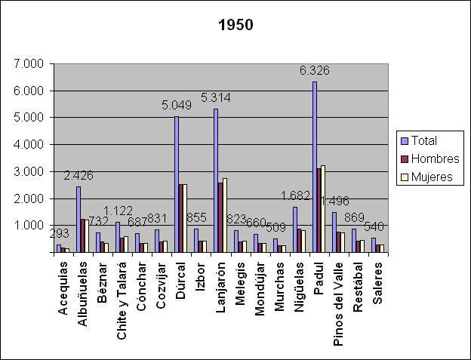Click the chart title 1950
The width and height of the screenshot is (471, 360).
(235, 25)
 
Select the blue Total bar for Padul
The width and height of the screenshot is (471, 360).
(314, 167)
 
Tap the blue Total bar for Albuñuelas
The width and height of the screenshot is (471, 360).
(78, 219)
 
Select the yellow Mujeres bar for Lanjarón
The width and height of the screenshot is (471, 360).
(225, 215)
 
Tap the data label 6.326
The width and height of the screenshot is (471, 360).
(315, 70)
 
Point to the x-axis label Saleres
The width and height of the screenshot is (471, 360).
(377, 281)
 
